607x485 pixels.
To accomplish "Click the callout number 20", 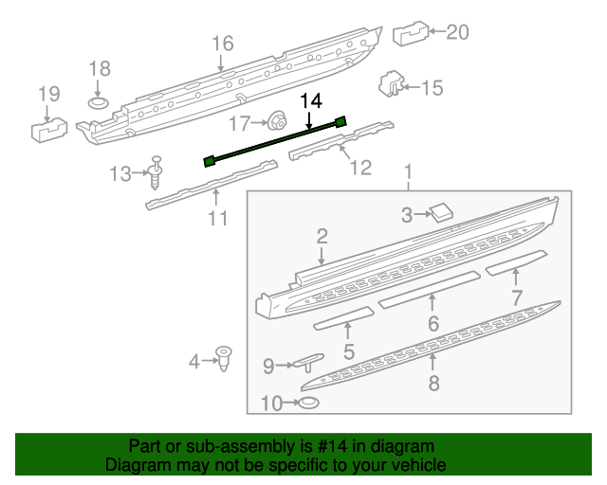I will click(x=457, y=32).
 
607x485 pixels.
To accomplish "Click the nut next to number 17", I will click(x=278, y=121).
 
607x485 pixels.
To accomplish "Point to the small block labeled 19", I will click(x=49, y=127).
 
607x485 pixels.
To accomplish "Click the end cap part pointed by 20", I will click(x=409, y=34).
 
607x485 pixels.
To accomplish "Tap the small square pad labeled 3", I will click(x=440, y=212).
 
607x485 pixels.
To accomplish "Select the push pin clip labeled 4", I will click(x=225, y=358).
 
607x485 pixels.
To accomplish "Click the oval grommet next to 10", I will click(x=307, y=404).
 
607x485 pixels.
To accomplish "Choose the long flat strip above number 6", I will click(x=428, y=288).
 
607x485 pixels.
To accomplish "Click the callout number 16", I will click(x=222, y=44).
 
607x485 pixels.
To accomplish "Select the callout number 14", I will click(x=311, y=99).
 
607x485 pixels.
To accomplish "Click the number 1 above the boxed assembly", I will click(x=409, y=172).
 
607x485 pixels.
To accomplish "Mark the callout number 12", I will click(x=360, y=168).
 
